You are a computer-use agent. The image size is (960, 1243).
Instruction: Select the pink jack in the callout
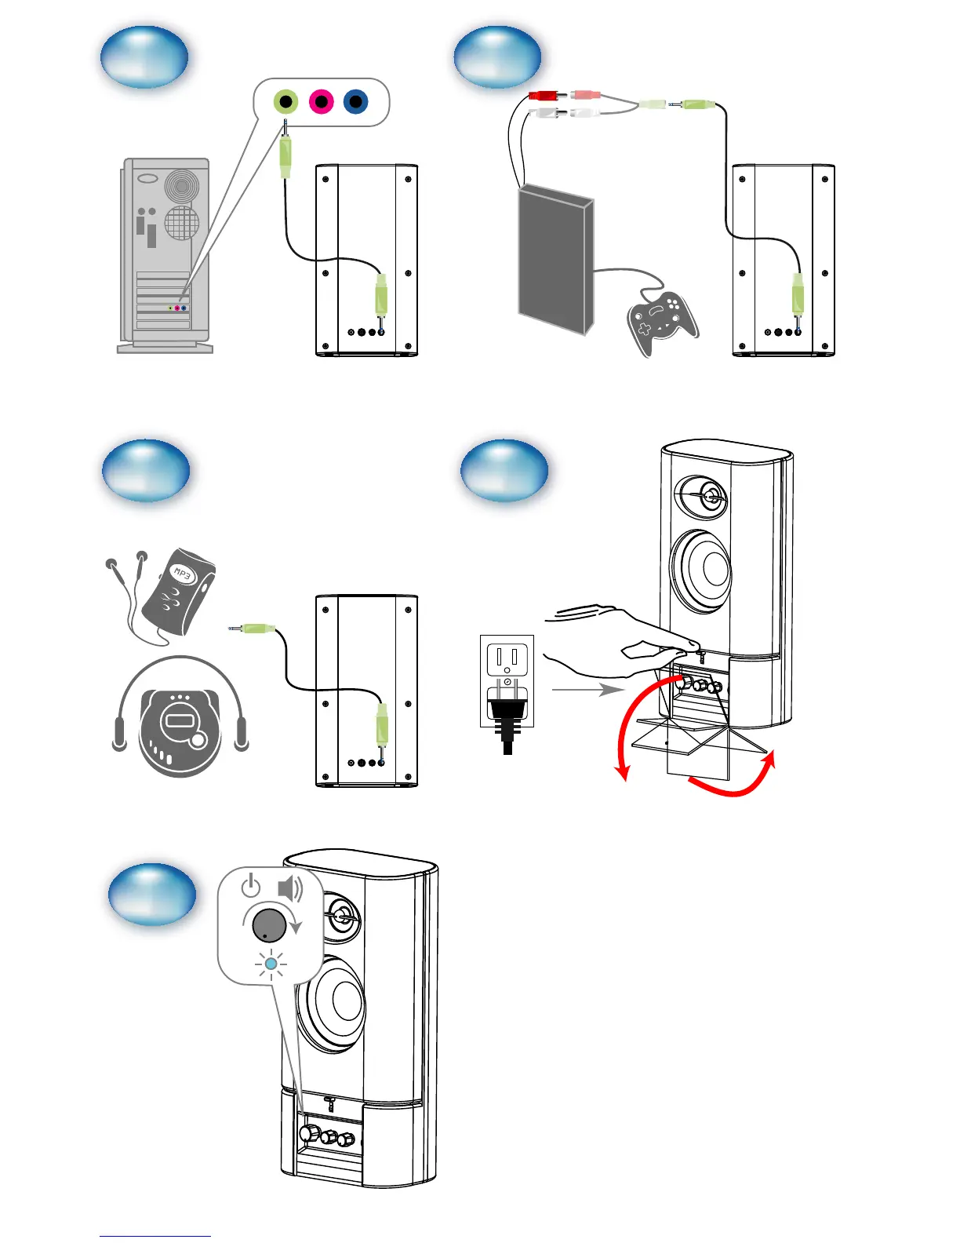click(x=321, y=101)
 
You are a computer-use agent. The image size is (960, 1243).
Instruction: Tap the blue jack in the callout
click(x=355, y=101)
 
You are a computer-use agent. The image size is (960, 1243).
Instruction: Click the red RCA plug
click(x=543, y=96)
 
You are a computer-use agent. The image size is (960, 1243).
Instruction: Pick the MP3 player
click(x=179, y=592)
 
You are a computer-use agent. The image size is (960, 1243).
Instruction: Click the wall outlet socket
click(x=507, y=658)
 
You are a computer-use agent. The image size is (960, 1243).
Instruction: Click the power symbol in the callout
click(x=250, y=887)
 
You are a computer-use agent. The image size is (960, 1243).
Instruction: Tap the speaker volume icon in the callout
click(x=290, y=888)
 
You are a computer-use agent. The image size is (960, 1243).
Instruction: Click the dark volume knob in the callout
click(x=269, y=924)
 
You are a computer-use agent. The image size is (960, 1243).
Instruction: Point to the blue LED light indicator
click(x=271, y=964)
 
